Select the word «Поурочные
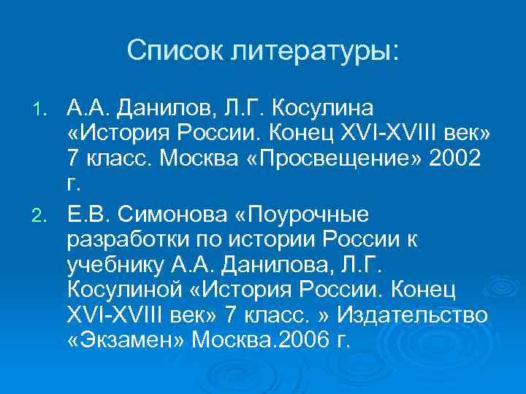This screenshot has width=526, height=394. pos(307,215)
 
